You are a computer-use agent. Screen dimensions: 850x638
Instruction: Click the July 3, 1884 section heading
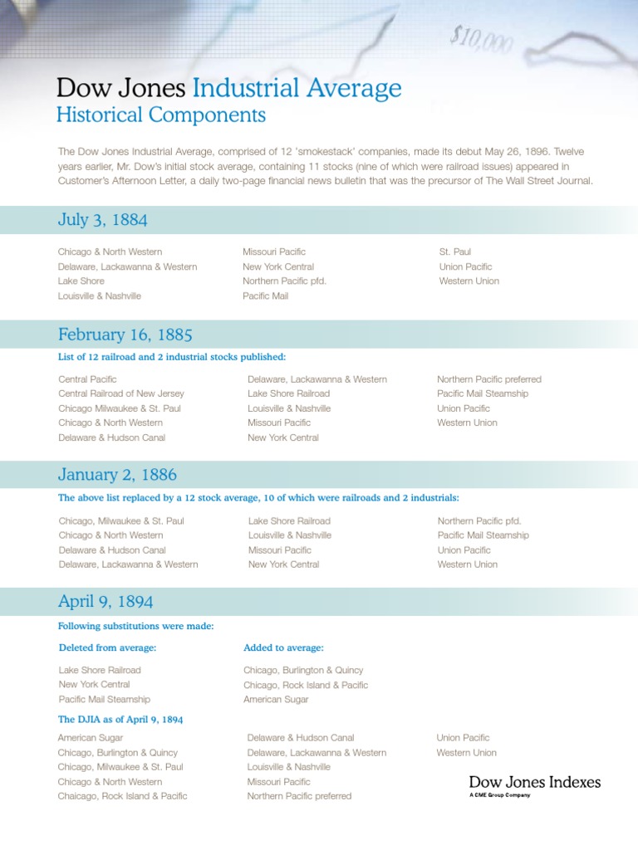[103, 220]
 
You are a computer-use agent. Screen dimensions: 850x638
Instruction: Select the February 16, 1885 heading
[125, 335]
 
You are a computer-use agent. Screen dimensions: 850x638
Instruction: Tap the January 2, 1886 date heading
[117, 475]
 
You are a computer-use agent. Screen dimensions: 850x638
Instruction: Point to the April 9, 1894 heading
[106, 601]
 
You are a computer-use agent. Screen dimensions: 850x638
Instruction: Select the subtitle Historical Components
[160, 115]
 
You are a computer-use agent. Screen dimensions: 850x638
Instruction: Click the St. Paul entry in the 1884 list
[455, 252]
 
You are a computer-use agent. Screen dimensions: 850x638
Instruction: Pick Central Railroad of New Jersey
[121, 393]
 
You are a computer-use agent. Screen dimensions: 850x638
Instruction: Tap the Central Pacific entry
[87, 379]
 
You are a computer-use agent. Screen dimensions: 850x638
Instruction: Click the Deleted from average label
[107, 647]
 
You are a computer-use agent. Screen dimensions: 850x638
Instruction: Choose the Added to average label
[283, 647]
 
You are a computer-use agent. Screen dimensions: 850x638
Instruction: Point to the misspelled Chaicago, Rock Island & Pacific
[122, 796]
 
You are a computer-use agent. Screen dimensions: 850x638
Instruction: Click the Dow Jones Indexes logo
[534, 782]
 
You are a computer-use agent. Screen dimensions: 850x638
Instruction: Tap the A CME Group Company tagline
[499, 795]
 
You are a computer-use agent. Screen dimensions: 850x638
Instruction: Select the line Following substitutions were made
[135, 626]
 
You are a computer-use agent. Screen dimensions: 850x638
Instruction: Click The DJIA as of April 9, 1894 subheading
[120, 720]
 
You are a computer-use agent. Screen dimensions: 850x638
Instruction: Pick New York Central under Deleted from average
[94, 685]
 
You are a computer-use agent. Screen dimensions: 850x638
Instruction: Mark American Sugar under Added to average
[276, 700]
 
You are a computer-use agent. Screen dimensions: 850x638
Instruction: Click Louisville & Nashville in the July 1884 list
[100, 296]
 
